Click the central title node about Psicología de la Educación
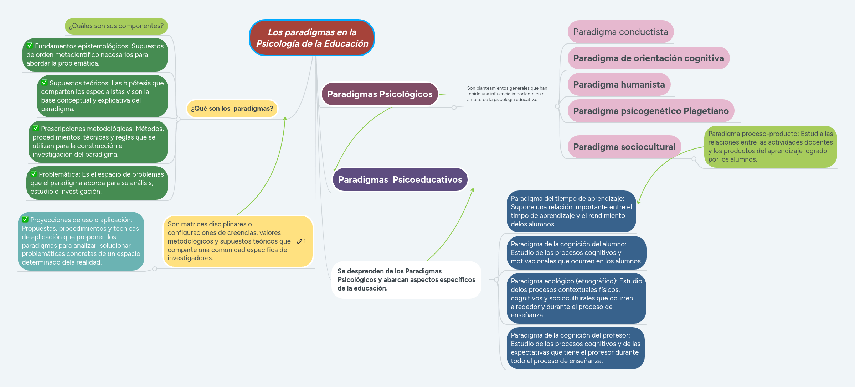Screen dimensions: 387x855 tap(312, 38)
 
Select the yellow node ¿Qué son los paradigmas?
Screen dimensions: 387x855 tap(232, 109)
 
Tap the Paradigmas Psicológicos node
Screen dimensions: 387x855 tap(380, 94)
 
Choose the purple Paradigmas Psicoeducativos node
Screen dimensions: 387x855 tap(400, 180)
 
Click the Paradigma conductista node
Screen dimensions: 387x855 tap(620, 32)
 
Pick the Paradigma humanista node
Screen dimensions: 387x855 tap(619, 85)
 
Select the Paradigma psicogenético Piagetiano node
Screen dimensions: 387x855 tap(651, 111)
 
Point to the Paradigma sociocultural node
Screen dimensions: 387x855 tap(624, 147)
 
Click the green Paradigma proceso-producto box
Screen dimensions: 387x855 tap(770, 147)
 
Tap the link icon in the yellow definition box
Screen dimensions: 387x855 tap(299, 241)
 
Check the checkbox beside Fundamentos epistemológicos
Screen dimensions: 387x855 tap(30, 46)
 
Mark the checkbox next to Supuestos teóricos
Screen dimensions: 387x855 tap(45, 83)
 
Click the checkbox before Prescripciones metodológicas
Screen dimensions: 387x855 tap(36, 128)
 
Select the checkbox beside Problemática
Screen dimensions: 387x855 tap(34, 174)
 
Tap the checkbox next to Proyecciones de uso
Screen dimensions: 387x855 tap(25, 219)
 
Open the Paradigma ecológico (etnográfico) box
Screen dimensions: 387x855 tap(576, 298)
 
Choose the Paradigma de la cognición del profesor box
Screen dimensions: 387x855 tap(575, 348)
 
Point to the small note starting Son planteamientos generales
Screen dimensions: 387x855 tap(507, 94)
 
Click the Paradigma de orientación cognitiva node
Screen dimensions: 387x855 tap(648, 58)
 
